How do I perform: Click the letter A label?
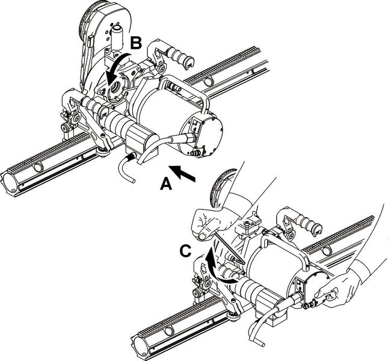coord(166,184)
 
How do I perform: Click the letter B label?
coord(136,43)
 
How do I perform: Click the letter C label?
coord(186,251)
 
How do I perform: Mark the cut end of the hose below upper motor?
coord(134,181)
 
